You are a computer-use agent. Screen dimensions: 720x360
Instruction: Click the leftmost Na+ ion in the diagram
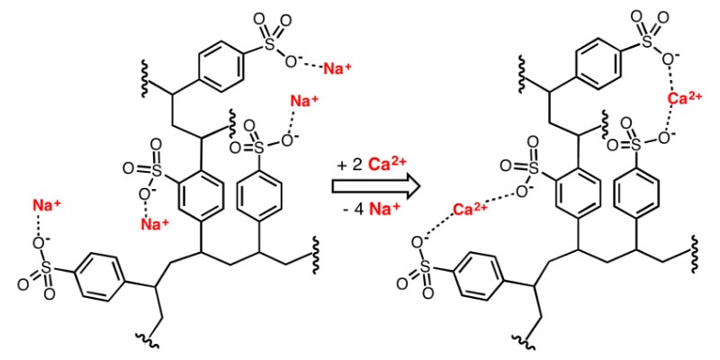click(x=46, y=205)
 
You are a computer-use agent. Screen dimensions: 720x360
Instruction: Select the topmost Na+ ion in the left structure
click(x=337, y=68)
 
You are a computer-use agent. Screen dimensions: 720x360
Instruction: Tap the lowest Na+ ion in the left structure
click(x=155, y=223)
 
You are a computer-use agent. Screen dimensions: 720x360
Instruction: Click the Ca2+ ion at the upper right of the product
click(x=685, y=98)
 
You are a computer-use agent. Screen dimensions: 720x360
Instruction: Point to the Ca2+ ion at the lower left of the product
click(x=470, y=210)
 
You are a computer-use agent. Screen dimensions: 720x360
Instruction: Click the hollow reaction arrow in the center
click(x=376, y=186)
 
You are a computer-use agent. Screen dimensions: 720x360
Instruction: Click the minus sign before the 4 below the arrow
click(x=347, y=211)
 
